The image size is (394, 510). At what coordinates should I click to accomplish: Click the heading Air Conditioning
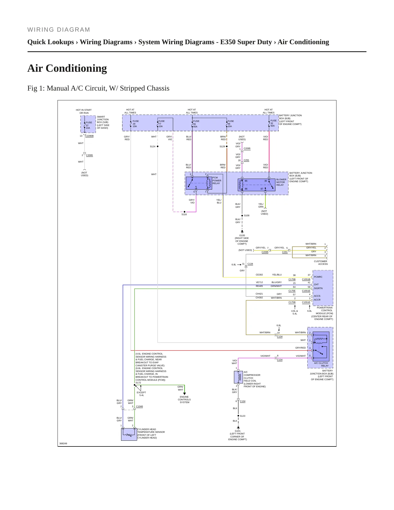67,68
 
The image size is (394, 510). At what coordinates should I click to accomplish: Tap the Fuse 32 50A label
273,123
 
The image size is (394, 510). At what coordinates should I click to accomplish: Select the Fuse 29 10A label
136,124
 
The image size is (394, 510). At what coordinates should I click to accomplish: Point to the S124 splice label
152,146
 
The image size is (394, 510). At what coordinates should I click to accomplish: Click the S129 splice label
222,146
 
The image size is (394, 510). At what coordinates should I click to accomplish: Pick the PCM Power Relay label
217,181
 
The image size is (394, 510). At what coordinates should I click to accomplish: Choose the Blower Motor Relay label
281,182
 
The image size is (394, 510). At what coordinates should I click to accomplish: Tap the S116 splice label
184,214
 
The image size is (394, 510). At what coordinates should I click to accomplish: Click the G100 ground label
242,235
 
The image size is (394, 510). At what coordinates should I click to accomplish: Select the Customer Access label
321,263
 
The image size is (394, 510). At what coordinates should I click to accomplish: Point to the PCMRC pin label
318,277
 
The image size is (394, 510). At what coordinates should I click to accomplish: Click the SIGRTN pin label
318,288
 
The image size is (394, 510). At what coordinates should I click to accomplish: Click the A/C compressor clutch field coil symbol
238,377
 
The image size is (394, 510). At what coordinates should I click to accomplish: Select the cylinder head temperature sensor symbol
129,434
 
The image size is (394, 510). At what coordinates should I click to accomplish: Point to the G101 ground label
237,431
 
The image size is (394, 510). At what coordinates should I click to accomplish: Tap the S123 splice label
242,416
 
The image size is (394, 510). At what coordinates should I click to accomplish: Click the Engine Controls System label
184,400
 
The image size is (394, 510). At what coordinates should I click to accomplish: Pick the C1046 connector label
139,406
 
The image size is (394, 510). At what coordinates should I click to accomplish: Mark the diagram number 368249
63,443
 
